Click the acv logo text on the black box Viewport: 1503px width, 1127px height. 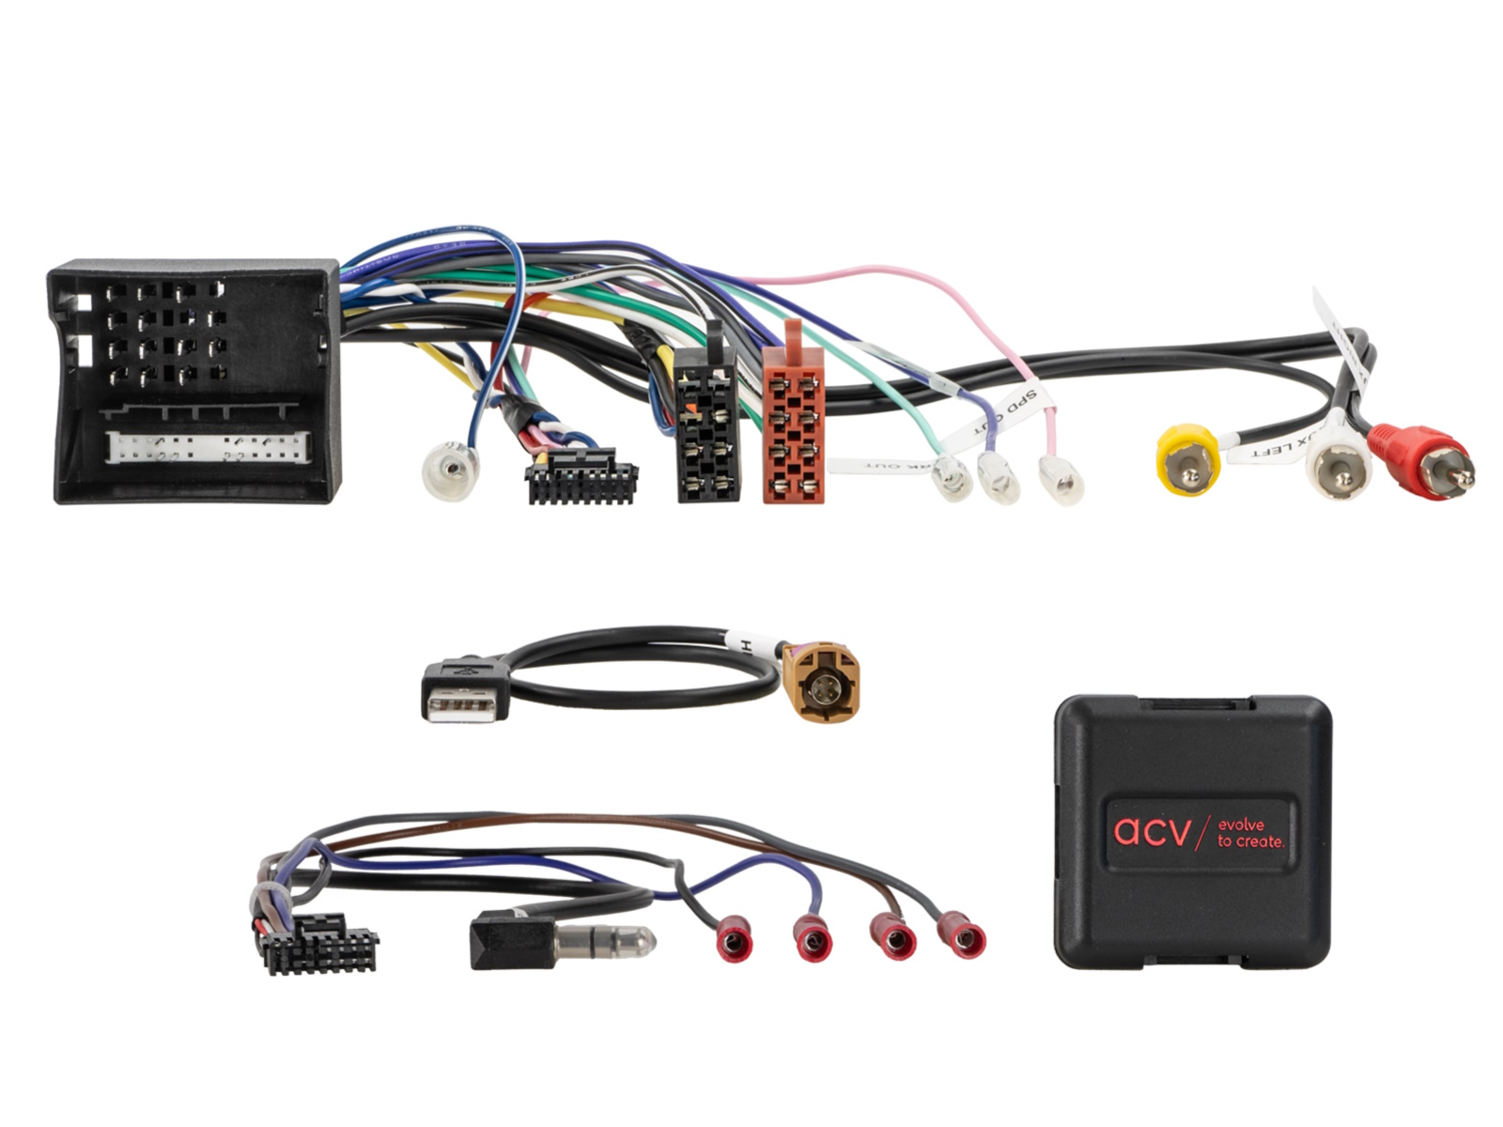tap(1152, 832)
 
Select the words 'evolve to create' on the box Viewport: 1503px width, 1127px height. tap(1249, 833)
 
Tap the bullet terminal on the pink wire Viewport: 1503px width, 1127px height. tap(1061, 480)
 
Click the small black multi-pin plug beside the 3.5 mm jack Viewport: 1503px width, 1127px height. tap(320, 945)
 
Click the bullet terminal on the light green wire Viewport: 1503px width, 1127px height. tap(952, 479)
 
